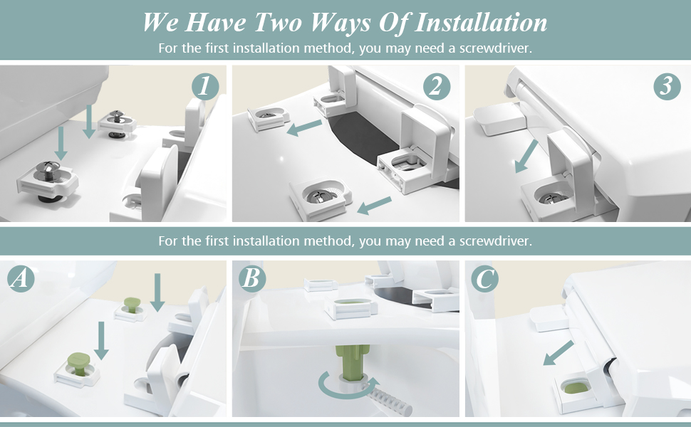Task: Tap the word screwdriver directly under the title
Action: click(x=492, y=48)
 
